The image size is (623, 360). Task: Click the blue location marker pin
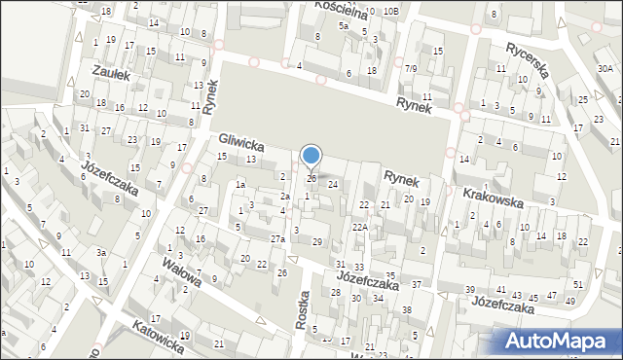click(x=311, y=156)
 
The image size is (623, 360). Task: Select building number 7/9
click(x=412, y=68)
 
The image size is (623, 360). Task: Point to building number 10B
click(x=390, y=11)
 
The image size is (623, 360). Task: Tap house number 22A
click(x=360, y=227)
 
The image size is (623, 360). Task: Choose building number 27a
click(x=277, y=239)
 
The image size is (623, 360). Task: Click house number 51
click(x=577, y=284)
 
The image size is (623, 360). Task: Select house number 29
click(x=316, y=241)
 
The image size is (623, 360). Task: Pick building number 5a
click(x=344, y=26)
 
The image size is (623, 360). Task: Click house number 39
click(x=469, y=291)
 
